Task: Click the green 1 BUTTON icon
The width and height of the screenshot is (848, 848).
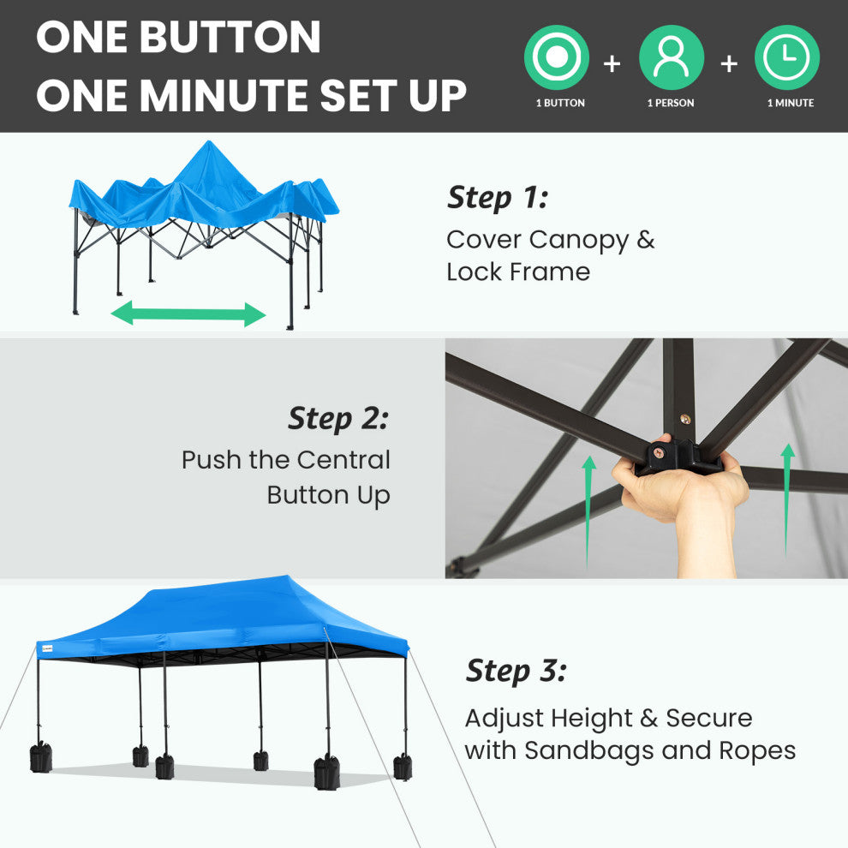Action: point(557,57)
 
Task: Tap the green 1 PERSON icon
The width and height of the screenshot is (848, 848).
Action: point(672,57)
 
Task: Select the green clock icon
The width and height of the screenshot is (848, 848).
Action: point(787,57)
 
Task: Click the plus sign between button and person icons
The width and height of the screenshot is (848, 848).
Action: point(612,64)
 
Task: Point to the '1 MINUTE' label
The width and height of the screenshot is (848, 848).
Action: point(790,103)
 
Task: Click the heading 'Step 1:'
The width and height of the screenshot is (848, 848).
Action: point(498,197)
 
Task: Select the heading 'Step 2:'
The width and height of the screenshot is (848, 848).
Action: point(338,419)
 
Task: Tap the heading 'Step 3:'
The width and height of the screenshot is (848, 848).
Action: point(516,672)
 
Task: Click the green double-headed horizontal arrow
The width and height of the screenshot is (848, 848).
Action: point(188,314)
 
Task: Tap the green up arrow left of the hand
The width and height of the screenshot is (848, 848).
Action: point(589,511)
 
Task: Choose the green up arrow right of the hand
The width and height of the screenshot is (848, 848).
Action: point(787,499)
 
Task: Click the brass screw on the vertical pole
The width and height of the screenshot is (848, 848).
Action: point(684,419)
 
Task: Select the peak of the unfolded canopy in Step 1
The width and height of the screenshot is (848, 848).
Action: point(209,141)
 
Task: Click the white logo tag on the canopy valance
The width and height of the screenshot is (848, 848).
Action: point(47,648)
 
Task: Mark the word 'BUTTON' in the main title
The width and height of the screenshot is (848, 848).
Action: point(230,38)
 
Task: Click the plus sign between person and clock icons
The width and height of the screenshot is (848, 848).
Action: point(729,64)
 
